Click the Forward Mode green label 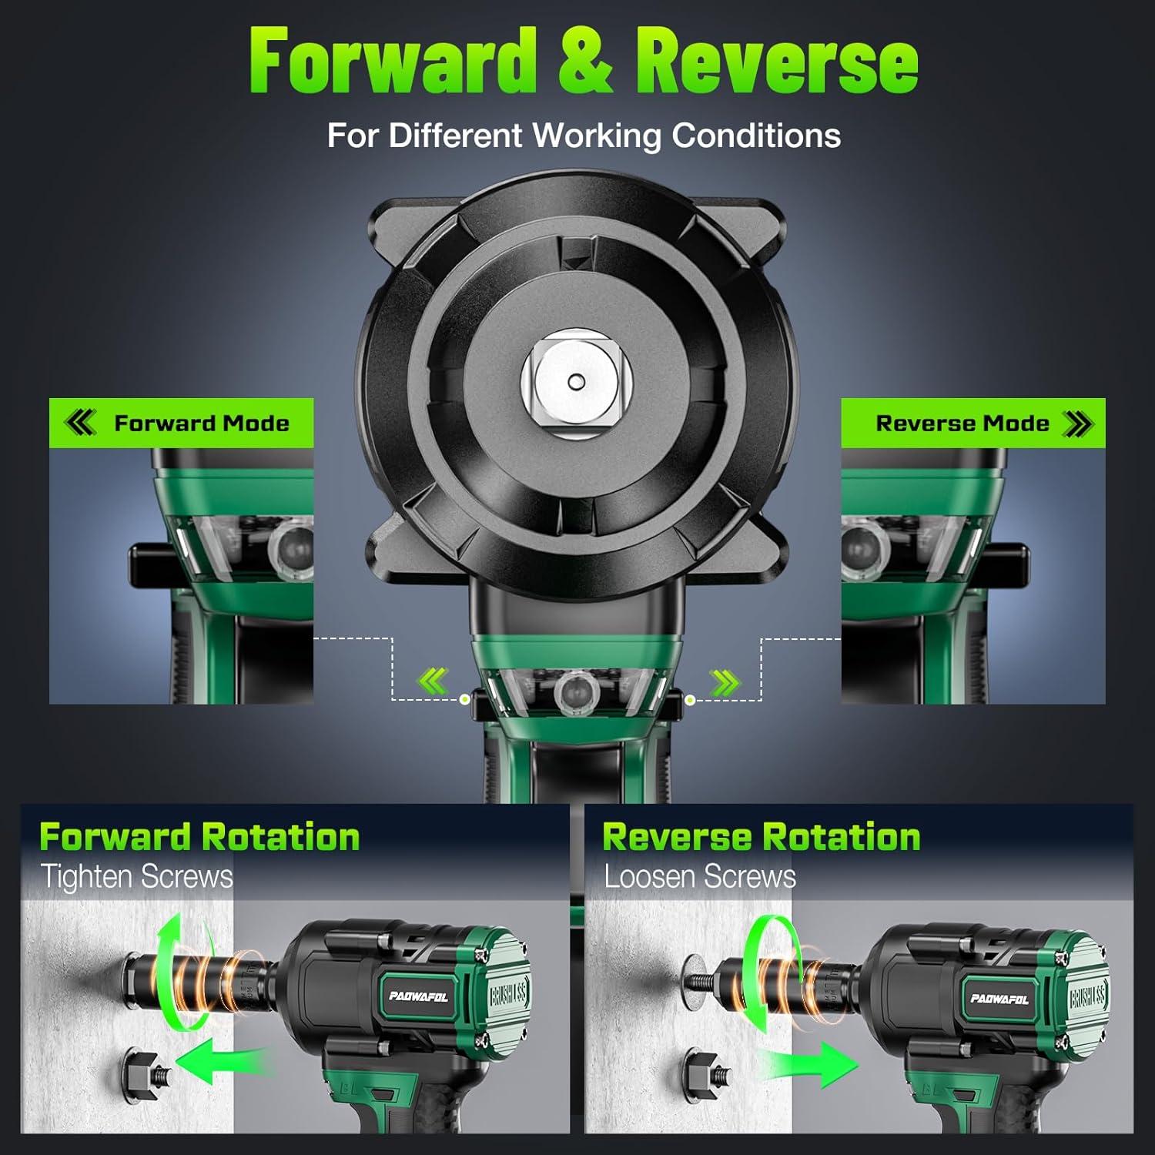click(182, 423)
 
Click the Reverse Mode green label click(973, 423)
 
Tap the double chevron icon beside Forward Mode click(81, 423)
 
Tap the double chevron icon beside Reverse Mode click(1077, 423)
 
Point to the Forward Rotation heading click(199, 837)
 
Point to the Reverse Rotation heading click(761, 837)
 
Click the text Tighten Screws click(136, 877)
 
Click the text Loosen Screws click(699, 877)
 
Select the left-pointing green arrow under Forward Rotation click(223, 1061)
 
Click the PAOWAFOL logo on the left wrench click(418, 996)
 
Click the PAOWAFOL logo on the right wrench click(999, 999)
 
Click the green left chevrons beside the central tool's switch click(433, 681)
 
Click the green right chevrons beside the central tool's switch click(724, 681)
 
